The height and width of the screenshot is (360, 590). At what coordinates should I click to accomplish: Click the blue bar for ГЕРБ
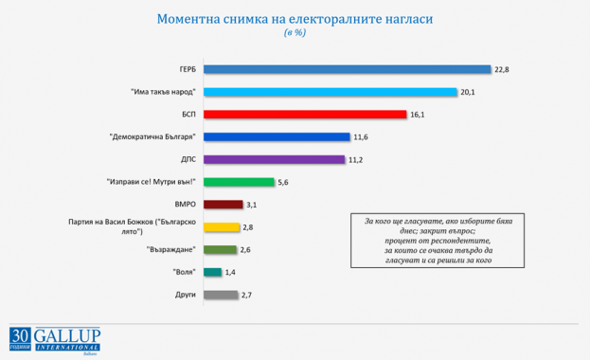point(348,69)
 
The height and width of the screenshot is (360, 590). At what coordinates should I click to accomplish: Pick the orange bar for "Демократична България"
point(277,137)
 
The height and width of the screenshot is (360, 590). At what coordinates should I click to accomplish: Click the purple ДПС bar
point(275,159)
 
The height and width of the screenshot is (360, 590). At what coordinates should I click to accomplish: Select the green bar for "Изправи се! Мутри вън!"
point(240,182)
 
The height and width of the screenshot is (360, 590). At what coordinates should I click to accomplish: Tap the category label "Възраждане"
point(170,250)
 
